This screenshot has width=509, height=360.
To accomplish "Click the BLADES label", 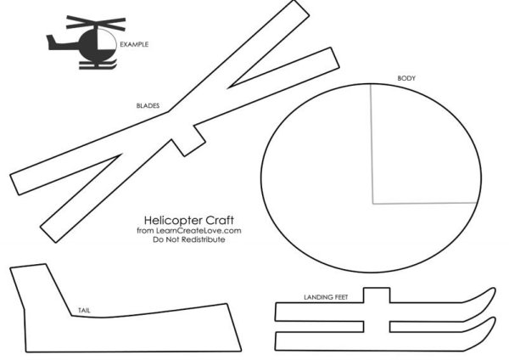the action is pos(148,105).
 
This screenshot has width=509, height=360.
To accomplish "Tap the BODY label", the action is pos(406,78).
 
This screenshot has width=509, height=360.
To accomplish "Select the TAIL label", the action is pos(84,310).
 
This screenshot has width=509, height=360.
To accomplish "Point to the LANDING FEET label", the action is pos(326,297).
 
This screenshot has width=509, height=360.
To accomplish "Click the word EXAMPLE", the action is pos(134,44).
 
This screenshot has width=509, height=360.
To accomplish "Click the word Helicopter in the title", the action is pos(171,221).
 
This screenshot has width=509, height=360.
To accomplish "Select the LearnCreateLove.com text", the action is pos(199,231).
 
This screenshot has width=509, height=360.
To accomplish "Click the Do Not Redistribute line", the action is pos(189,239).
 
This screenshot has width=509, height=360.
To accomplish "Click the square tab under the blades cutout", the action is pos(188,140).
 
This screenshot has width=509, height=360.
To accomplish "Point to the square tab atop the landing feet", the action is pos(377,295).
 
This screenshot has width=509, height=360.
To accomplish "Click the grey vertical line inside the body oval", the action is pos(372,144).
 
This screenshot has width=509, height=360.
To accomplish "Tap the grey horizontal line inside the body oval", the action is pos(425,204).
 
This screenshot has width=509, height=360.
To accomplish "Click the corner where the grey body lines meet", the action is pos(373,204).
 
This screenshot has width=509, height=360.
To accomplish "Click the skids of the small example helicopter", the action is pos(98,65).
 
